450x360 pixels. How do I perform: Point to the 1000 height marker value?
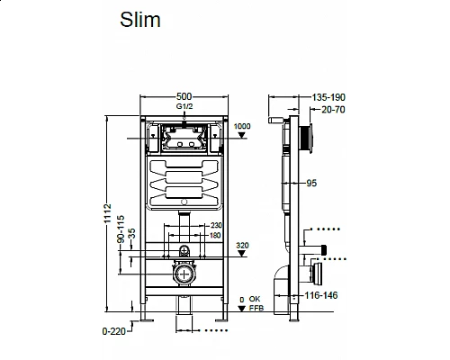pyautogui.click(x=242, y=126)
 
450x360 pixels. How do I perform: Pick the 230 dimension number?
pyautogui.click(x=216, y=226)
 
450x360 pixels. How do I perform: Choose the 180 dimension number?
pyautogui.click(x=216, y=236)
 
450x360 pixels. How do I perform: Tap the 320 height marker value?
pyautogui.click(x=242, y=243)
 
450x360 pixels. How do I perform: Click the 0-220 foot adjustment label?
pyautogui.click(x=115, y=331)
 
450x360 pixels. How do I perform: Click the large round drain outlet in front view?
pyautogui.click(x=184, y=274)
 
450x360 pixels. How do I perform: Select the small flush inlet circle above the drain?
pyautogui.click(x=184, y=248)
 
